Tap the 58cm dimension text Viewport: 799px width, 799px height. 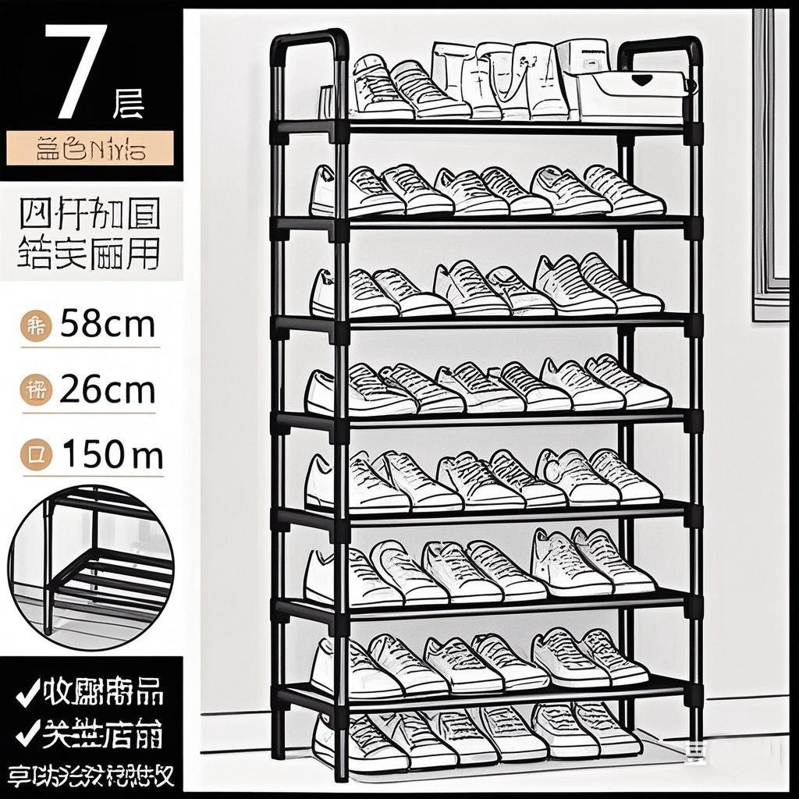(107, 323)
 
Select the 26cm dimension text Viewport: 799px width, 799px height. (107, 390)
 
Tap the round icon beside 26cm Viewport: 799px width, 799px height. (36, 391)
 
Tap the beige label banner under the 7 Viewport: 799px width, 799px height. (91, 148)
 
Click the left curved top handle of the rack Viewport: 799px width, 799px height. (308, 43)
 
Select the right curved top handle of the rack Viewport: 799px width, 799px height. (660, 48)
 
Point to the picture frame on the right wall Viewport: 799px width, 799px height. (771, 164)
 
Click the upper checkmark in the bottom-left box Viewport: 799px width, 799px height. (27, 694)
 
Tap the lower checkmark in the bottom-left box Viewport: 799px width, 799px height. (27, 733)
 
